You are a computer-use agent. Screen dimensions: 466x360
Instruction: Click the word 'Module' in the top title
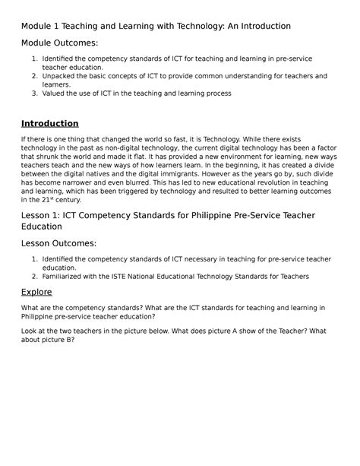pos(38,26)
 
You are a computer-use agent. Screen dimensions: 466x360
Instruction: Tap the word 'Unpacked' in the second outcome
pos(60,76)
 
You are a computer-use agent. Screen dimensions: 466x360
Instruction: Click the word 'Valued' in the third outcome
pos(55,94)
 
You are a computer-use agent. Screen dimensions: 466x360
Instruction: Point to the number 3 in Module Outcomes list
pos(35,94)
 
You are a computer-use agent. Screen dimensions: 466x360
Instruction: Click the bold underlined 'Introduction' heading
pos(49,123)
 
